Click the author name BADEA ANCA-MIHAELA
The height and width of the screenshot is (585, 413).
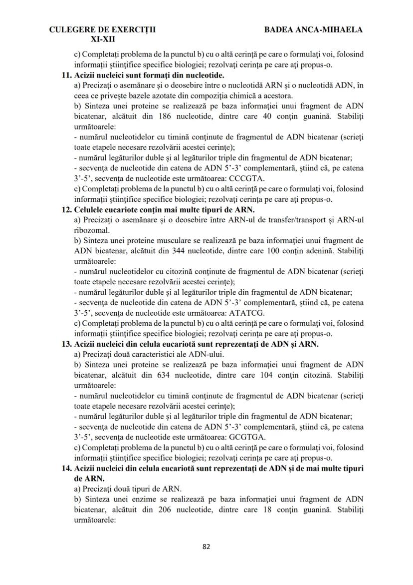[x=313, y=29]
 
